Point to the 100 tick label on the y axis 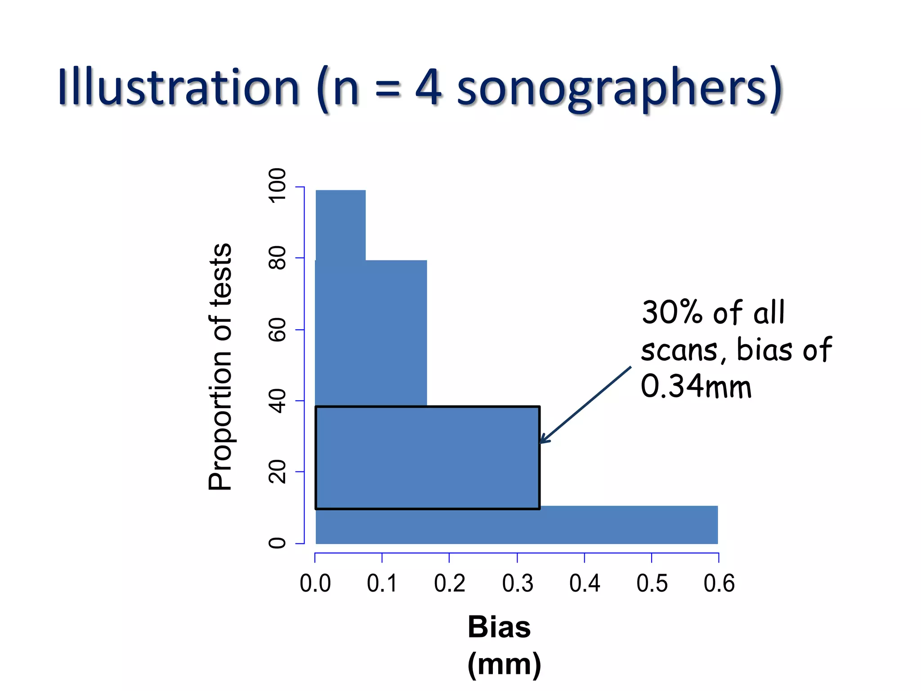277,186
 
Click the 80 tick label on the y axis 277,258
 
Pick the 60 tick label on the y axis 277,329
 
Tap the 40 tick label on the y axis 277,401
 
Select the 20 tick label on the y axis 277,471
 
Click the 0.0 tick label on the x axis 315,583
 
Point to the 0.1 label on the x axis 382,583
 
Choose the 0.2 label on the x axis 450,583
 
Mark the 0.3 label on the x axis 518,583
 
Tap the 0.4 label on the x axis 585,583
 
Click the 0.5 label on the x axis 652,583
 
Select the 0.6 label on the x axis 719,583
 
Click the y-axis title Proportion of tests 220,367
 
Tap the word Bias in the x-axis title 499,627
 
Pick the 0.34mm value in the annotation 696,386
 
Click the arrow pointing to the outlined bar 585,405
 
